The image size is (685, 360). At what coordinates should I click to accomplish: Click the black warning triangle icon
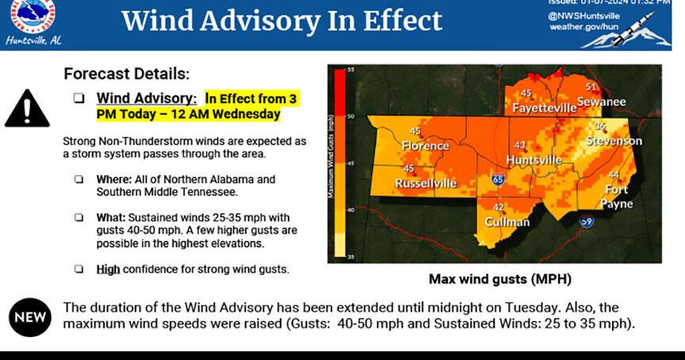[x=27, y=109]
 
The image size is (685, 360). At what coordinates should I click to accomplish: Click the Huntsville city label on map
[x=534, y=159]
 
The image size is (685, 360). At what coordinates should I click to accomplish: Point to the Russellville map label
[x=427, y=184]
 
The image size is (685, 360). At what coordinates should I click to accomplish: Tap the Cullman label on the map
[x=507, y=221]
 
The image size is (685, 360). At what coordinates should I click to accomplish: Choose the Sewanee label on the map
[x=601, y=101]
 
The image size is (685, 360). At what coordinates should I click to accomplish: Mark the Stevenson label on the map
[x=614, y=140]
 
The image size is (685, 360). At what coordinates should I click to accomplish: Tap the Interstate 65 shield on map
[x=497, y=180]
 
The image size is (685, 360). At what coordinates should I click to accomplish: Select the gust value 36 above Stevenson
[x=600, y=126]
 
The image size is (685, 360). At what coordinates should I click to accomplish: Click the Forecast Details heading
[x=126, y=74]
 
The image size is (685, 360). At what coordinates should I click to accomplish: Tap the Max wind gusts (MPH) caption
[x=499, y=279]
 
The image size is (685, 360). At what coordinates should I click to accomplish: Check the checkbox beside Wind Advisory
[x=78, y=99]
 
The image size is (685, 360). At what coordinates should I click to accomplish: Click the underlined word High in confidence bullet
[x=108, y=269]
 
